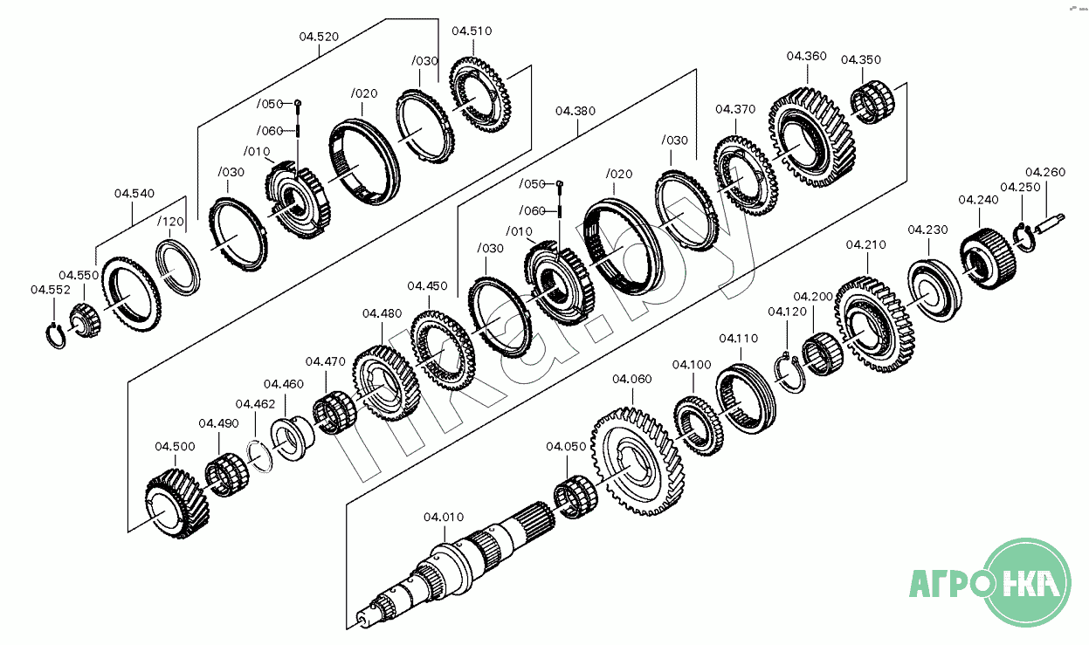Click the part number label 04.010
tap(444, 517)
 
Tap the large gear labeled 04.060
tap(637, 459)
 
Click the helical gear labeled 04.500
tap(177, 504)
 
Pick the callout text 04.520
tap(319, 37)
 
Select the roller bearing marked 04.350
tap(872, 102)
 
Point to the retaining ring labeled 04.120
tap(791, 372)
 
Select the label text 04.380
tap(575, 111)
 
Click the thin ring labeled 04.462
tap(257, 454)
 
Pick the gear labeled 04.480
tap(387, 382)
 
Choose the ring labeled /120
tap(178, 267)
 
